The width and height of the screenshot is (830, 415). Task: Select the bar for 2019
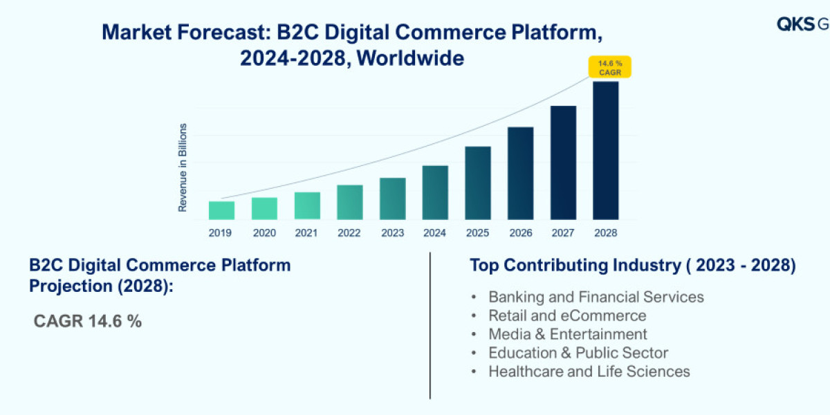(x=221, y=210)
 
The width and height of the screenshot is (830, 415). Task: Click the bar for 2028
(x=605, y=151)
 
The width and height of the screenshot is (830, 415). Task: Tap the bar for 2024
(x=435, y=192)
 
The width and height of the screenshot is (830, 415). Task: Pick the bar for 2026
(x=520, y=173)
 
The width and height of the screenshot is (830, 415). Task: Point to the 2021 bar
(x=307, y=205)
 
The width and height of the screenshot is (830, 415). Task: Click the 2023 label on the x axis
(x=392, y=233)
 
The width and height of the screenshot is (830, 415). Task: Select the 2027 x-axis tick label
(x=563, y=233)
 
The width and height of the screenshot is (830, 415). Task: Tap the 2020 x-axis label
(x=264, y=233)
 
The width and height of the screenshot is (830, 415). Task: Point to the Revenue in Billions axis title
(x=183, y=167)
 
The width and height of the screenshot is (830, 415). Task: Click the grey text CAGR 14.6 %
(x=88, y=321)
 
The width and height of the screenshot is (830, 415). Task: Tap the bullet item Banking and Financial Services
(x=596, y=297)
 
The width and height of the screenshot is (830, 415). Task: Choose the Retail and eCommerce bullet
(x=567, y=315)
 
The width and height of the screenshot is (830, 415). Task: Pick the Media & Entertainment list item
(x=567, y=334)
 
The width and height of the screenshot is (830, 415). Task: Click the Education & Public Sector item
(x=578, y=353)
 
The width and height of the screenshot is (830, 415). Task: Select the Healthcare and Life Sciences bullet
(x=589, y=371)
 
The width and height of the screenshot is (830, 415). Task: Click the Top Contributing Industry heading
(x=632, y=265)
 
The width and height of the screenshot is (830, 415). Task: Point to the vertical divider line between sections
(x=430, y=325)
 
